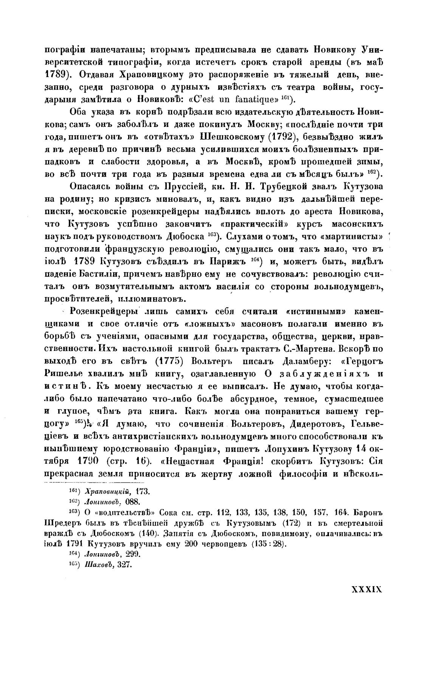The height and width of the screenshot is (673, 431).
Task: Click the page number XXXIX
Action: tap(367, 589)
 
